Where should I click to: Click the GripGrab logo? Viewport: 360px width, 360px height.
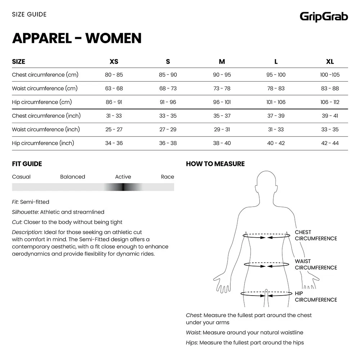(x=324, y=17)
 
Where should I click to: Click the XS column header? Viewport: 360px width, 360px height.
(x=114, y=62)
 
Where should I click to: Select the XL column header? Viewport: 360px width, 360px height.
(x=330, y=62)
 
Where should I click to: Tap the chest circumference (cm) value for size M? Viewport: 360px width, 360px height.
(x=222, y=75)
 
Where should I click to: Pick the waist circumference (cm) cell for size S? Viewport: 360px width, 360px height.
(x=168, y=89)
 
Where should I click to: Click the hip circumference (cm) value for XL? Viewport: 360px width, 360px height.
(x=330, y=102)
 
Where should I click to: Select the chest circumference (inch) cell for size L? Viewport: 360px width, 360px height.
(x=276, y=116)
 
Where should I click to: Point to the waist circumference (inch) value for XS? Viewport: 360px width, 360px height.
(x=114, y=130)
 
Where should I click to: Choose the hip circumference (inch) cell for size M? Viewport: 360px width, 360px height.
(x=222, y=143)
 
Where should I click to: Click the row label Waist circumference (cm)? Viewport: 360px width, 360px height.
(x=45, y=89)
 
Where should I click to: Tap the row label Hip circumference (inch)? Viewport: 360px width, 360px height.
(x=43, y=143)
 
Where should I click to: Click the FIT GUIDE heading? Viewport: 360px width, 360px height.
(x=27, y=164)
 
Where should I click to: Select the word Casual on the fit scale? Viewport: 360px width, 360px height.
(x=21, y=177)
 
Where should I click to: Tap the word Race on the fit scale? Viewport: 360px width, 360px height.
(x=167, y=177)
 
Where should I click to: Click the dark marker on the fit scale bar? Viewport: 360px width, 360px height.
(x=123, y=187)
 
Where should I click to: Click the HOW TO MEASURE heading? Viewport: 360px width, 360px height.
(x=215, y=164)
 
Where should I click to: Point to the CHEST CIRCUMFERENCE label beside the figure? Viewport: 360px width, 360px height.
(x=316, y=235)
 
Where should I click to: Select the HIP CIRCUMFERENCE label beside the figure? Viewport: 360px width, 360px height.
(x=316, y=297)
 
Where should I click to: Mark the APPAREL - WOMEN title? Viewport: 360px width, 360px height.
(x=77, y=38)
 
